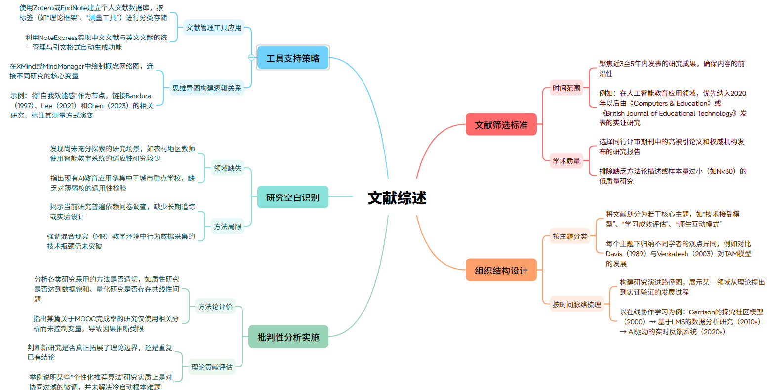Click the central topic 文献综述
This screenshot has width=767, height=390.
click(x=397, y=197)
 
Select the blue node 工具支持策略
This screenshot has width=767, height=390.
click(x=293, y=58)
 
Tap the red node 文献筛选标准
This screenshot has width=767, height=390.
click(x=501, y=125)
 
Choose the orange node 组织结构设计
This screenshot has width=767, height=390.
click(x=501, y=271)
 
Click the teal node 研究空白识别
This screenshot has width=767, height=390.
click(x=293, y=197)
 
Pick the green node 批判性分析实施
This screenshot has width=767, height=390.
click(x=288, y=337)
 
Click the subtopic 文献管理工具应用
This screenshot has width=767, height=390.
click(x=214, y=28)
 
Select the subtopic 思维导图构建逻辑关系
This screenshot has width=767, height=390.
click(x=207, y=88)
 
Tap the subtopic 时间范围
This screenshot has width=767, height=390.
click(x=566, y=88)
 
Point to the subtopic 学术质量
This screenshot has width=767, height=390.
click(x=566, y=161)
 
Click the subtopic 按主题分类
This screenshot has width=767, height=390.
click(x=570, y=236)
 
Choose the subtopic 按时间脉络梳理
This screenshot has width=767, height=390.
click(x=577, y=305)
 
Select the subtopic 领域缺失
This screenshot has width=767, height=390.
click(x=228, y=168)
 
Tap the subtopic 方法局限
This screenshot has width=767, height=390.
click(x=228, y=227)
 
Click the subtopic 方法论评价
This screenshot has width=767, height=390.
click(x=215, y=307)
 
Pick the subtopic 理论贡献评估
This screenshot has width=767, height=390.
click(x=212, y=367)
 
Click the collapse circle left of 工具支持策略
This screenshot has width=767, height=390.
click(x=251, y=58)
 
